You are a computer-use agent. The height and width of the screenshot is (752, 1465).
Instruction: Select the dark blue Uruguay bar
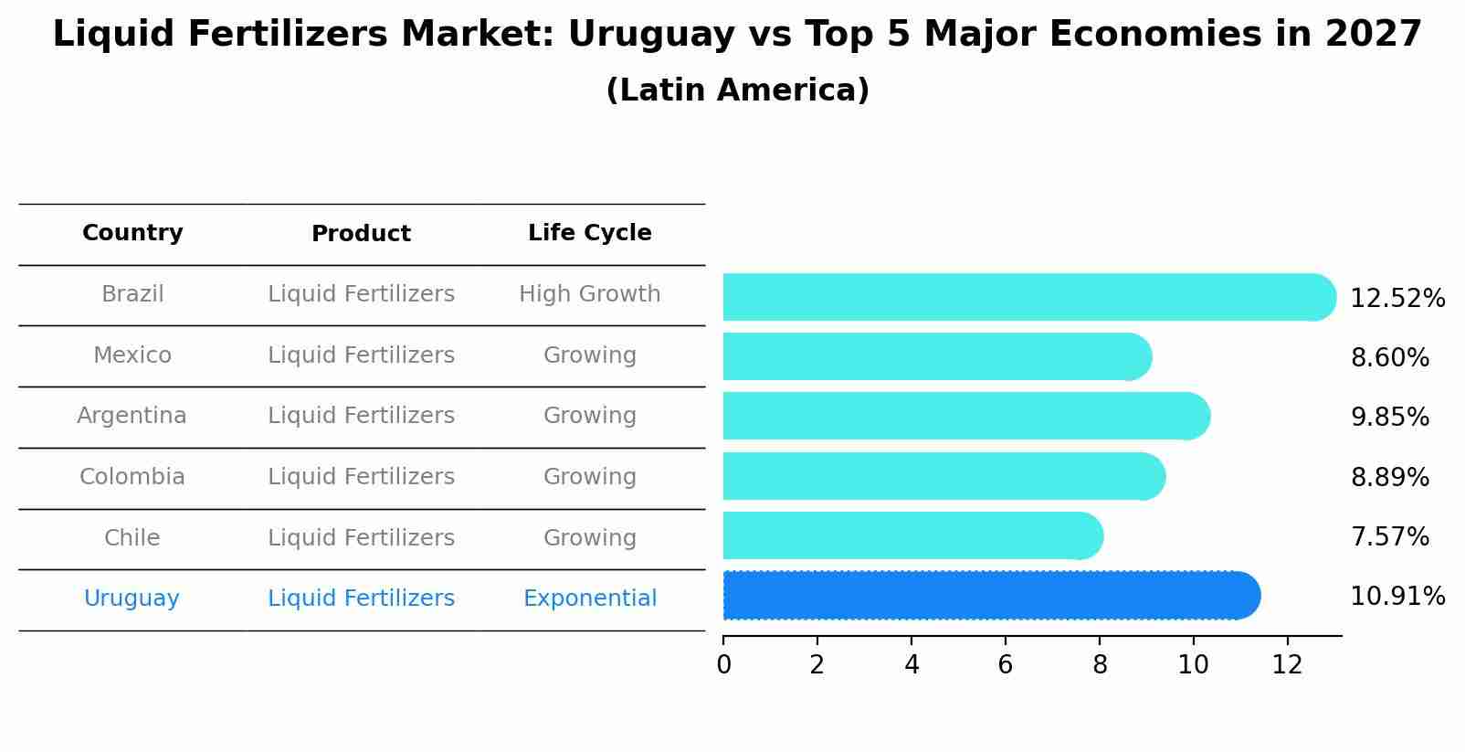(986, 596)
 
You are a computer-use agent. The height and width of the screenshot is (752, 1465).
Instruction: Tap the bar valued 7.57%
(909, 535)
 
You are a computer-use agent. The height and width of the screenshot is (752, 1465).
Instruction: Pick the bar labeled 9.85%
(964, 416)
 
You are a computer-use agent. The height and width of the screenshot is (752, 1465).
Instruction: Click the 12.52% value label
(1396, 299)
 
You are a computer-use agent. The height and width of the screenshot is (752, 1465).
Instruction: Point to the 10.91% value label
(1396, 597)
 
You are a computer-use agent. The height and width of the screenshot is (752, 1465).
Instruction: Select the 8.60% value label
(1389, 358)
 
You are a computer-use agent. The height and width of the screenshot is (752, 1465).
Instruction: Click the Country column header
(132, 233)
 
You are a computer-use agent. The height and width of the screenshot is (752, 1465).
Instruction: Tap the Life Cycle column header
(589, 233)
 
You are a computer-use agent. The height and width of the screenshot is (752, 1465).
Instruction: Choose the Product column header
(361, 234)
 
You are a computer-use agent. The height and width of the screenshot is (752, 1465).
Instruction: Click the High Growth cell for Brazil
(589, 294)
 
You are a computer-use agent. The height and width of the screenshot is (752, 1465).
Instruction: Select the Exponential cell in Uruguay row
(589, 598)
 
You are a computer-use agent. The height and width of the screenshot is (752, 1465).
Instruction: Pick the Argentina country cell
(132, 416)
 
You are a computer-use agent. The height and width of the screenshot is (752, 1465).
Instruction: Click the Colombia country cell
(132, 477)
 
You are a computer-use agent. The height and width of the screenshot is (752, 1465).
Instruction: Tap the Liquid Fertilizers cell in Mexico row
(361, 355)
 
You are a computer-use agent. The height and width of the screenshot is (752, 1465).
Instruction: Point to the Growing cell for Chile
(589, 538)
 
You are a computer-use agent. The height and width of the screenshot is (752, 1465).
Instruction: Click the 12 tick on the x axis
(1287, 665)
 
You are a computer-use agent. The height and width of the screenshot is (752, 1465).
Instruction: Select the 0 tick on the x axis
(723, 665)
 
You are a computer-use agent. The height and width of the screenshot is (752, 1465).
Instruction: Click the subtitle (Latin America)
(737, 90)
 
